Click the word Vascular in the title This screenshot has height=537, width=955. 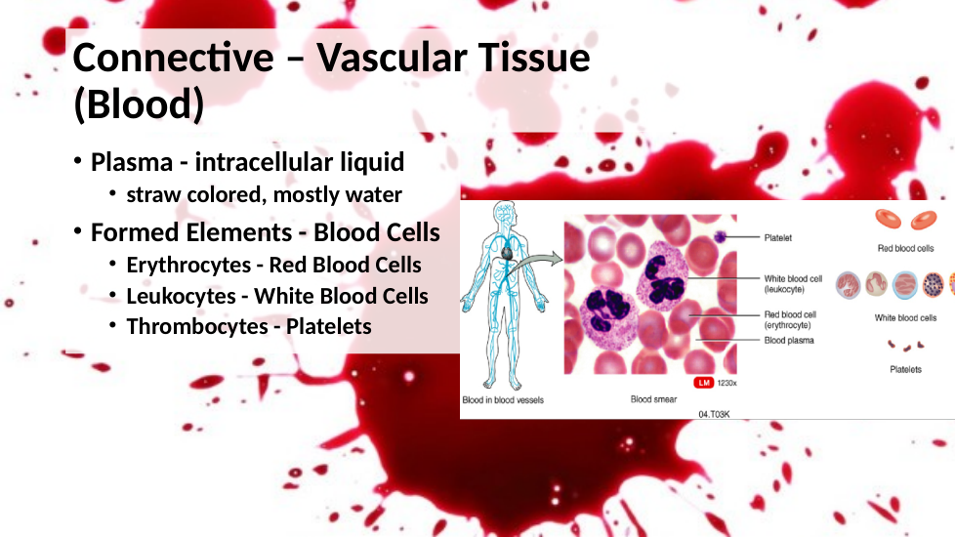(393, 58)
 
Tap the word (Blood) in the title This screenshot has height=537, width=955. (139, 104)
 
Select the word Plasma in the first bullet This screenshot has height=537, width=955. (132, 162)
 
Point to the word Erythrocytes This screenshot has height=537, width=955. (188, 266)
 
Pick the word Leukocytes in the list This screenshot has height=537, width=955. (181, 297)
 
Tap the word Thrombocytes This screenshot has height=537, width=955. (197, 327)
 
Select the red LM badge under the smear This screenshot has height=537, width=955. (703, 383)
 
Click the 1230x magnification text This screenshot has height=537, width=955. (727, 383)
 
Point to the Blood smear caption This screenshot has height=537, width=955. (653, 399)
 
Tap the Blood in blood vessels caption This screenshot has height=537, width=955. (503, 400)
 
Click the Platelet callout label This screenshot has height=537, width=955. (777, 238)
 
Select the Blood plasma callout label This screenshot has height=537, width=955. (789, 341)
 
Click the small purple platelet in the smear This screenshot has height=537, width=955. (720, 237)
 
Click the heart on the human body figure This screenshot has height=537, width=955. (506, 252)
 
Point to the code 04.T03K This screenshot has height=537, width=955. (714, 414)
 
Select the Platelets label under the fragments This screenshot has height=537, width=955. (905, 370)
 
